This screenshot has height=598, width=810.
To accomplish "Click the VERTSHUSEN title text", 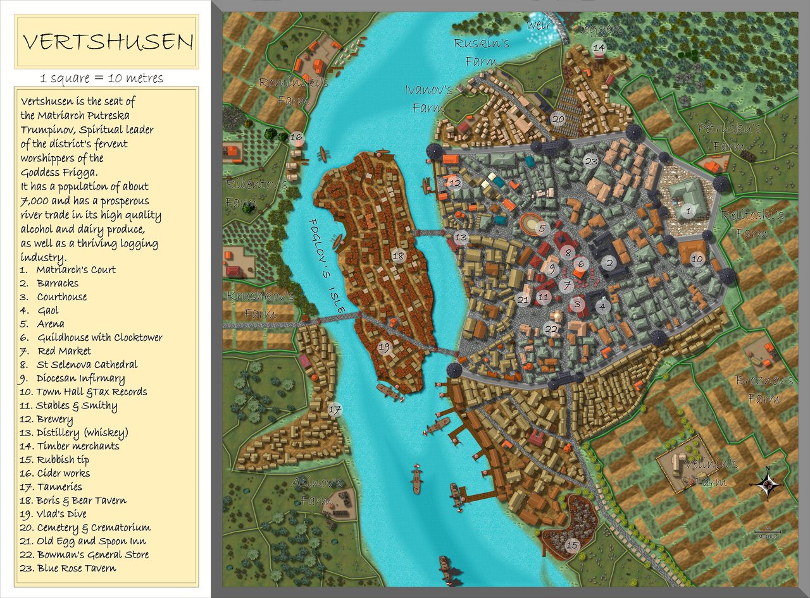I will tap(108, 42).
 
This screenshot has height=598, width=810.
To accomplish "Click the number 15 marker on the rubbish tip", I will tap(572, 545).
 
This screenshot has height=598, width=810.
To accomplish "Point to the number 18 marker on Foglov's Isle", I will tap(397, 256).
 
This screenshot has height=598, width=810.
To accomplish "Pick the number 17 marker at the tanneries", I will tap(334, 410).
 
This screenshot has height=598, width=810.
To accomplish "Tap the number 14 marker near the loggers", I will tap(599, 47).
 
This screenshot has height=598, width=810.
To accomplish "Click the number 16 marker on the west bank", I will tap(296, 137).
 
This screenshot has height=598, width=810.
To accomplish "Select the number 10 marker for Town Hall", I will tap(697, 259).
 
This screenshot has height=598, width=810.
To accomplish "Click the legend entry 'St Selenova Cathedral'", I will tap(78, 365).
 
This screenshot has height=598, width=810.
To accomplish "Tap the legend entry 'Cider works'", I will tap(55, 473).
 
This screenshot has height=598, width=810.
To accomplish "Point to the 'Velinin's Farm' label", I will tap(713, 472).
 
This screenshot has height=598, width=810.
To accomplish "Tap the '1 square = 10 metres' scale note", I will tap(102, 78).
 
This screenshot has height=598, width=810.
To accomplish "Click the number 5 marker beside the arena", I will tap(542, 228).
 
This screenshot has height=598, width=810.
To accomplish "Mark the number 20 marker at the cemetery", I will tap(558, 118).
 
